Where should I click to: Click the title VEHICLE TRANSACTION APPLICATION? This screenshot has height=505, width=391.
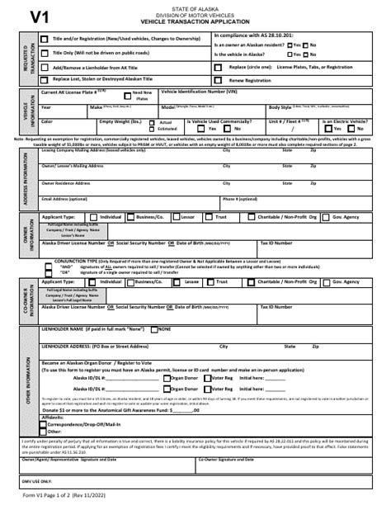(x=195, y=23)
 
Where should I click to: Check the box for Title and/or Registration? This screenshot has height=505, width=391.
(x=44, y=39)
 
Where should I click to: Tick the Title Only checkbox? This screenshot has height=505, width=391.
(x=44, y=52)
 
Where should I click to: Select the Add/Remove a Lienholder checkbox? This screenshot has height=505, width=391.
(x=44, y=67)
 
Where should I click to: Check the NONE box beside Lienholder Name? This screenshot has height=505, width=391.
(x=154, y=329)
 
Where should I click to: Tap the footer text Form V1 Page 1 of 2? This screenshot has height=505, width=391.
(x=58, y=497)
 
